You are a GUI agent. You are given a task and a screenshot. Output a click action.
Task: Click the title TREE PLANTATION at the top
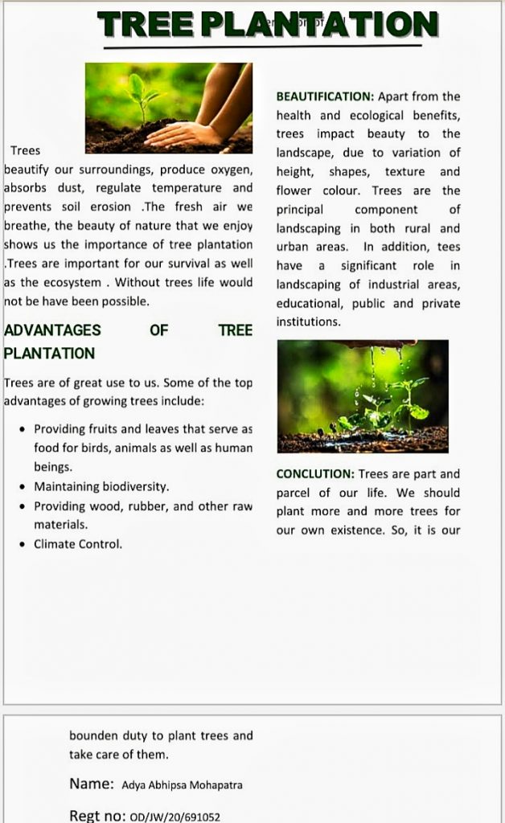tap(268, 25)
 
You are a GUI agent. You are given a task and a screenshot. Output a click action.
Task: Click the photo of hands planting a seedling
tap(169, 109)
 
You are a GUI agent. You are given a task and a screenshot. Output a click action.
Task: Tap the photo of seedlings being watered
tap(363, 395)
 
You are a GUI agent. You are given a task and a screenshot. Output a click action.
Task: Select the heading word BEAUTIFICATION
tap(325, 96)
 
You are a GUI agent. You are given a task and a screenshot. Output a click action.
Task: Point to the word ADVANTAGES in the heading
tap(52, 330)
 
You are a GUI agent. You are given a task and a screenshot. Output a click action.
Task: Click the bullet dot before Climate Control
tap(23, 545)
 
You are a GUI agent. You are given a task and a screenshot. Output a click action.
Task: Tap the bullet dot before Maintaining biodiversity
tap(23, 487)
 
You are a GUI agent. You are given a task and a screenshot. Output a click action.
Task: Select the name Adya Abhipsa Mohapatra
tap(182, 784)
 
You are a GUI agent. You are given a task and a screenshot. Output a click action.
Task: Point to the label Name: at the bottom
tap(91, 784)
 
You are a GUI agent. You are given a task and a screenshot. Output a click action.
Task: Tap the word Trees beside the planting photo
tap(25, 150)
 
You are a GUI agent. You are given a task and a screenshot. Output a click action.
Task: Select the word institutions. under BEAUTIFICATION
tap(309, 321)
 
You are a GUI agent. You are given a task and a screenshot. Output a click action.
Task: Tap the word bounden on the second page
tap(93, 735)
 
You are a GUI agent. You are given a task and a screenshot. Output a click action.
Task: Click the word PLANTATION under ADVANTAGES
tap(49, 353)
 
